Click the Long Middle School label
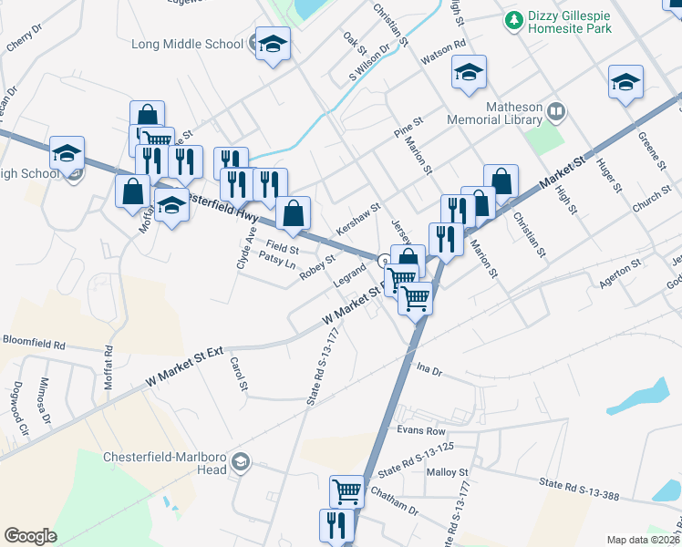(x=187, y=43)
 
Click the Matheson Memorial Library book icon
(x=556, y=113)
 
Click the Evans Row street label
(x=420, y=430)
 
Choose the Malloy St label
(x=447, y=472)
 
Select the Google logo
(x=30, y=536)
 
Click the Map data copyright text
(x=643, y=540)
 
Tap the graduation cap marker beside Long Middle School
(x=272, y=44)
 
